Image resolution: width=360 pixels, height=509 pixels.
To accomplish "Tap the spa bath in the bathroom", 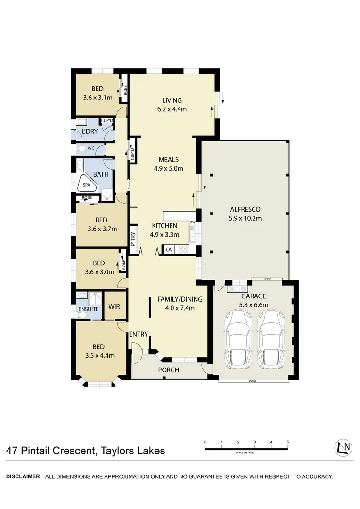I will click(x=87, y=184).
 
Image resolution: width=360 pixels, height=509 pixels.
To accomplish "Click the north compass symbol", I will click(x=343, y=448).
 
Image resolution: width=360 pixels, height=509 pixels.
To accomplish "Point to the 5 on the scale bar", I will click(x=287, y=442).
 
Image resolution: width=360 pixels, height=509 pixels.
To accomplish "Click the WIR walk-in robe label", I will click(x=114, y=307).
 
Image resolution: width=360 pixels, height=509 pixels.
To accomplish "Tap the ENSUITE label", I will click(x=89, y=310).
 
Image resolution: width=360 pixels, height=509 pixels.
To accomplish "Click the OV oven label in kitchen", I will click(x=169, y=249).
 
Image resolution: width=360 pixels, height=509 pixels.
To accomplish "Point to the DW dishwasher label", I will click(x=192, y=222).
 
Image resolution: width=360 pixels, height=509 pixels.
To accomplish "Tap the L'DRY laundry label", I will click(x=90, y=131).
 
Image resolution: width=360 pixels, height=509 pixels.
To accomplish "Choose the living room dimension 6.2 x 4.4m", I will click(x=172, y=109).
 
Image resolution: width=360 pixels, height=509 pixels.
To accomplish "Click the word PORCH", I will click(x=168, y=370).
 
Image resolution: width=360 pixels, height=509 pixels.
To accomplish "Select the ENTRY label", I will click(x=139, y=334).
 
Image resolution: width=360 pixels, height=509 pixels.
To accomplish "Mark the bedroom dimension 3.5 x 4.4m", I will click(x=99, y=355).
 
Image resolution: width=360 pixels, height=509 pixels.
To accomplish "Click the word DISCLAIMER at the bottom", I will click(x=24, y=476).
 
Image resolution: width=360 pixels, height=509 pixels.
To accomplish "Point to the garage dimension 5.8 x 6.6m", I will click(x=254, y=305).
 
